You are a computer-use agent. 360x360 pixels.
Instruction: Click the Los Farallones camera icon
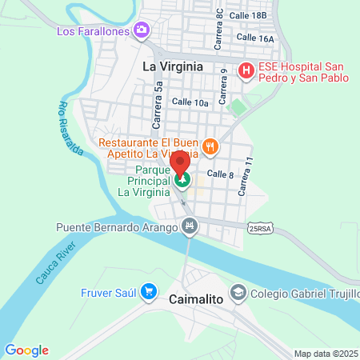coord(142,30)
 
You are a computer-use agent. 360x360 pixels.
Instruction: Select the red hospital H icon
coord(246,71)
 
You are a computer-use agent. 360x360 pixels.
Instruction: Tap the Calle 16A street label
coord(256,38)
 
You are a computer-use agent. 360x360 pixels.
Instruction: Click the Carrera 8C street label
coord(218,31)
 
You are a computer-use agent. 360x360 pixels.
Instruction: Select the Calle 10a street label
coord(190,102)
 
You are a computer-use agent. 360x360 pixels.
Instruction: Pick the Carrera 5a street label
coord(158,105)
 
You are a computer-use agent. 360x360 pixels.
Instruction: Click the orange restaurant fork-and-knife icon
coord(210,146)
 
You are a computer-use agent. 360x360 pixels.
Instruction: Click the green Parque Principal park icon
coord(183,181)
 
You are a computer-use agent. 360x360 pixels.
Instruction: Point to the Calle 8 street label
coord(220,174)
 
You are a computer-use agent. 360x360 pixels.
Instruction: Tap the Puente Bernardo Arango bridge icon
coord(189,227)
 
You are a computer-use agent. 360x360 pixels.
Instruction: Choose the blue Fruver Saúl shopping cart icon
coord(147,292)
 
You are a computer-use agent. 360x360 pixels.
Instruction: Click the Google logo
coord(26,350)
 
